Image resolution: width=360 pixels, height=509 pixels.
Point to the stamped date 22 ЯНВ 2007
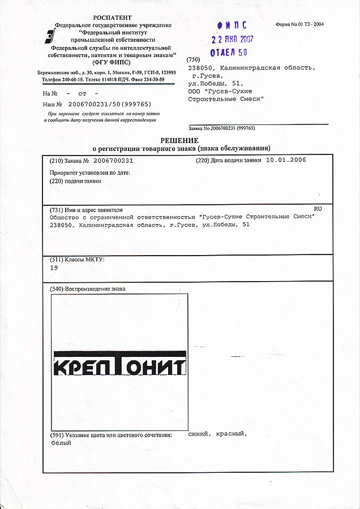(232, 40)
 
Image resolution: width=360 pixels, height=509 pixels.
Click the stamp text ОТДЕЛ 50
(229, 53)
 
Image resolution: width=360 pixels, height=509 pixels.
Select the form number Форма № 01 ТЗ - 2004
(299, 25)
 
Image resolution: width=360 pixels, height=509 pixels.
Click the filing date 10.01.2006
(285, 161)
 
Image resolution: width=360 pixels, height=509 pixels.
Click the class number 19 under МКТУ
(54, 269)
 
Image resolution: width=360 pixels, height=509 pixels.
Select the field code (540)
(57, 289)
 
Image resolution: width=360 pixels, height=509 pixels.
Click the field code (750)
(194, 59)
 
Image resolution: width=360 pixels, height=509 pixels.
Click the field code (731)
(57, 209)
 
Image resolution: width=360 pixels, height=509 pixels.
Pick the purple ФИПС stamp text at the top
(232, 25)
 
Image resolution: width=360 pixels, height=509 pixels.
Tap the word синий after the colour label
(200, 434)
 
